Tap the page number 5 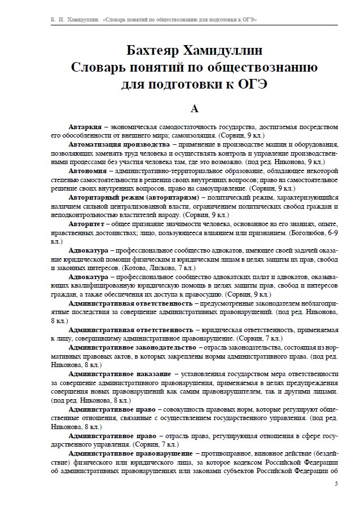(336, 483)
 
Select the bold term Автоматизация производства (118, 145)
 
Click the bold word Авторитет (87, 223)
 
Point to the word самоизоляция (191, 136)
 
